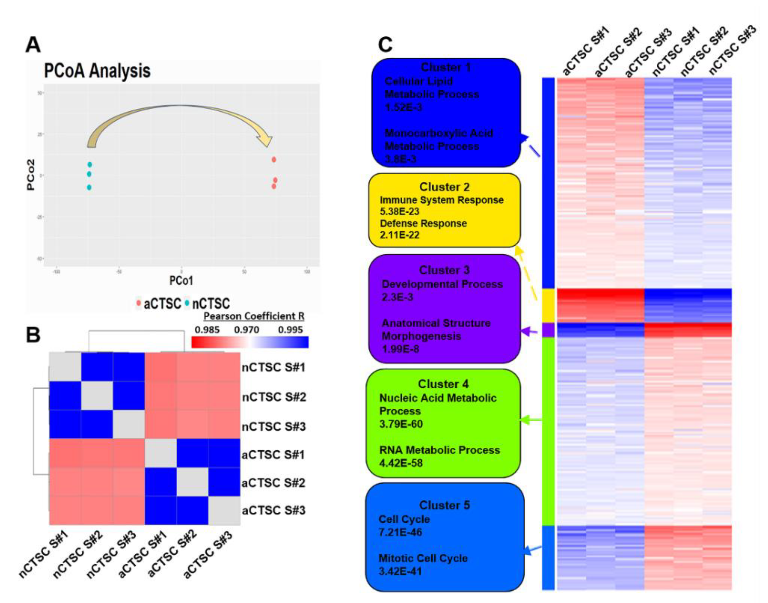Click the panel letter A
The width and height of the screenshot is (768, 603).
(x=33, y=45)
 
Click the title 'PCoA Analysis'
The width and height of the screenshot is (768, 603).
(x=97, y=71)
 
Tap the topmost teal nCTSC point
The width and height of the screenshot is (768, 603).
(x=90, y=164)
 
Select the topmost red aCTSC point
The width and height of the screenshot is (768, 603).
(x=274, y=159)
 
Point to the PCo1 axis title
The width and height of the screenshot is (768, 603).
(x=181, y=281)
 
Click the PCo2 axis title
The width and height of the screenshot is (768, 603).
(x=31, y=175)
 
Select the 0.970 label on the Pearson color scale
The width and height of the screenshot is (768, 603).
(x=246, y=330)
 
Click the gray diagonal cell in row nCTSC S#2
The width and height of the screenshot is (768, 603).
(x=97, y=396)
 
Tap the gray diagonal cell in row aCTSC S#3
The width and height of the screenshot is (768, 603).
(x=224, y=510)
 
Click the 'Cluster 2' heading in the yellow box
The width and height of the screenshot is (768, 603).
(x=444, y=187)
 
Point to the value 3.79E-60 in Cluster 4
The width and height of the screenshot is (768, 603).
(x=401, y=424)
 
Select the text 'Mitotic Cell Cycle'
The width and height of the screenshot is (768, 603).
(x=423, y=558)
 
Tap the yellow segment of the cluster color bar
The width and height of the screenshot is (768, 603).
(x=548, y=305)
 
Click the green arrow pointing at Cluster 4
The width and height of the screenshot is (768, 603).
(x=531, y=420)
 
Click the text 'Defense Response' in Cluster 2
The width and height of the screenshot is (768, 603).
(x=423, y=223)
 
